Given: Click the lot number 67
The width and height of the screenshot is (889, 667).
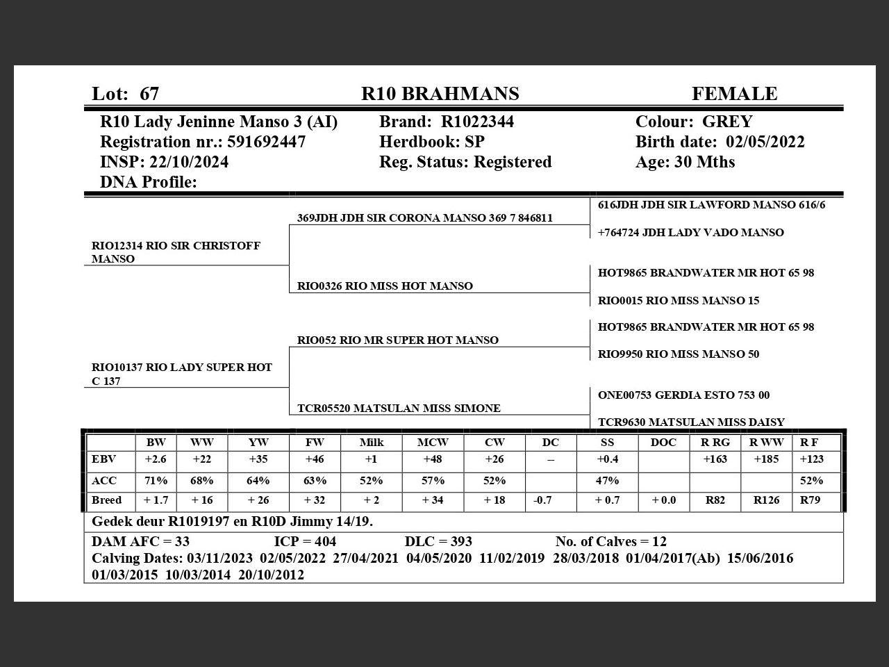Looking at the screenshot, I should tap(149, 94).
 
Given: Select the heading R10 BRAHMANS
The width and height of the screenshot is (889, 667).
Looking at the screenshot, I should tap(440, 94).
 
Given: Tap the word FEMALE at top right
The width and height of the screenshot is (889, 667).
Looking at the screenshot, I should tap(734, 94).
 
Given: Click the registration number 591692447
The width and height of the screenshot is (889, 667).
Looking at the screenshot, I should tap(266, 142).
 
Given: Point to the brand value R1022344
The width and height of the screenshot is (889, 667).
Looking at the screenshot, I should tap(477, 122).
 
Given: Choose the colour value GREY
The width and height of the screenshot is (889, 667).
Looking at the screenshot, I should tap(727, 122).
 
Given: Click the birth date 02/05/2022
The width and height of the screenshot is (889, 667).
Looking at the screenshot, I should tap(765, 142).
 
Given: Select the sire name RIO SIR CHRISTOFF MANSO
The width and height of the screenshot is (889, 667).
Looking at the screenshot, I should tap(176, 252).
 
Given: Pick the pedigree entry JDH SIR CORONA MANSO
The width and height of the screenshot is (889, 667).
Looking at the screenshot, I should tap(424, 218).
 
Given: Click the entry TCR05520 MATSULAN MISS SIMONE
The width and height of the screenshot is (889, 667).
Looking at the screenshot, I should tap(399, 409).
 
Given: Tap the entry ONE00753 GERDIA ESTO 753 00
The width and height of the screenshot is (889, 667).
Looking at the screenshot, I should tap(683, 395).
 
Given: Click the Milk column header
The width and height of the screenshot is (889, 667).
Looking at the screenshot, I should tap(371, 443).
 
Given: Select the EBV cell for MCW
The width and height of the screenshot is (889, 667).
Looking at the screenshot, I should tap(433, 459).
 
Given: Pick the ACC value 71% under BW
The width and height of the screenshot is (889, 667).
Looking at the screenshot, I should tap(156, 481).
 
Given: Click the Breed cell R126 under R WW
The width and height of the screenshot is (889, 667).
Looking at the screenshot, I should tap(766, 500).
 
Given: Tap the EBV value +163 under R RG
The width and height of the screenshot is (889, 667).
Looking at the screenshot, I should tap(715, 459).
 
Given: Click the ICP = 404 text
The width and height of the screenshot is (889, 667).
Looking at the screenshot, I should tap(305, 541).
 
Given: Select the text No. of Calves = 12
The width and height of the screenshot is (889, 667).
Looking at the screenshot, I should tap(610, 541).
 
